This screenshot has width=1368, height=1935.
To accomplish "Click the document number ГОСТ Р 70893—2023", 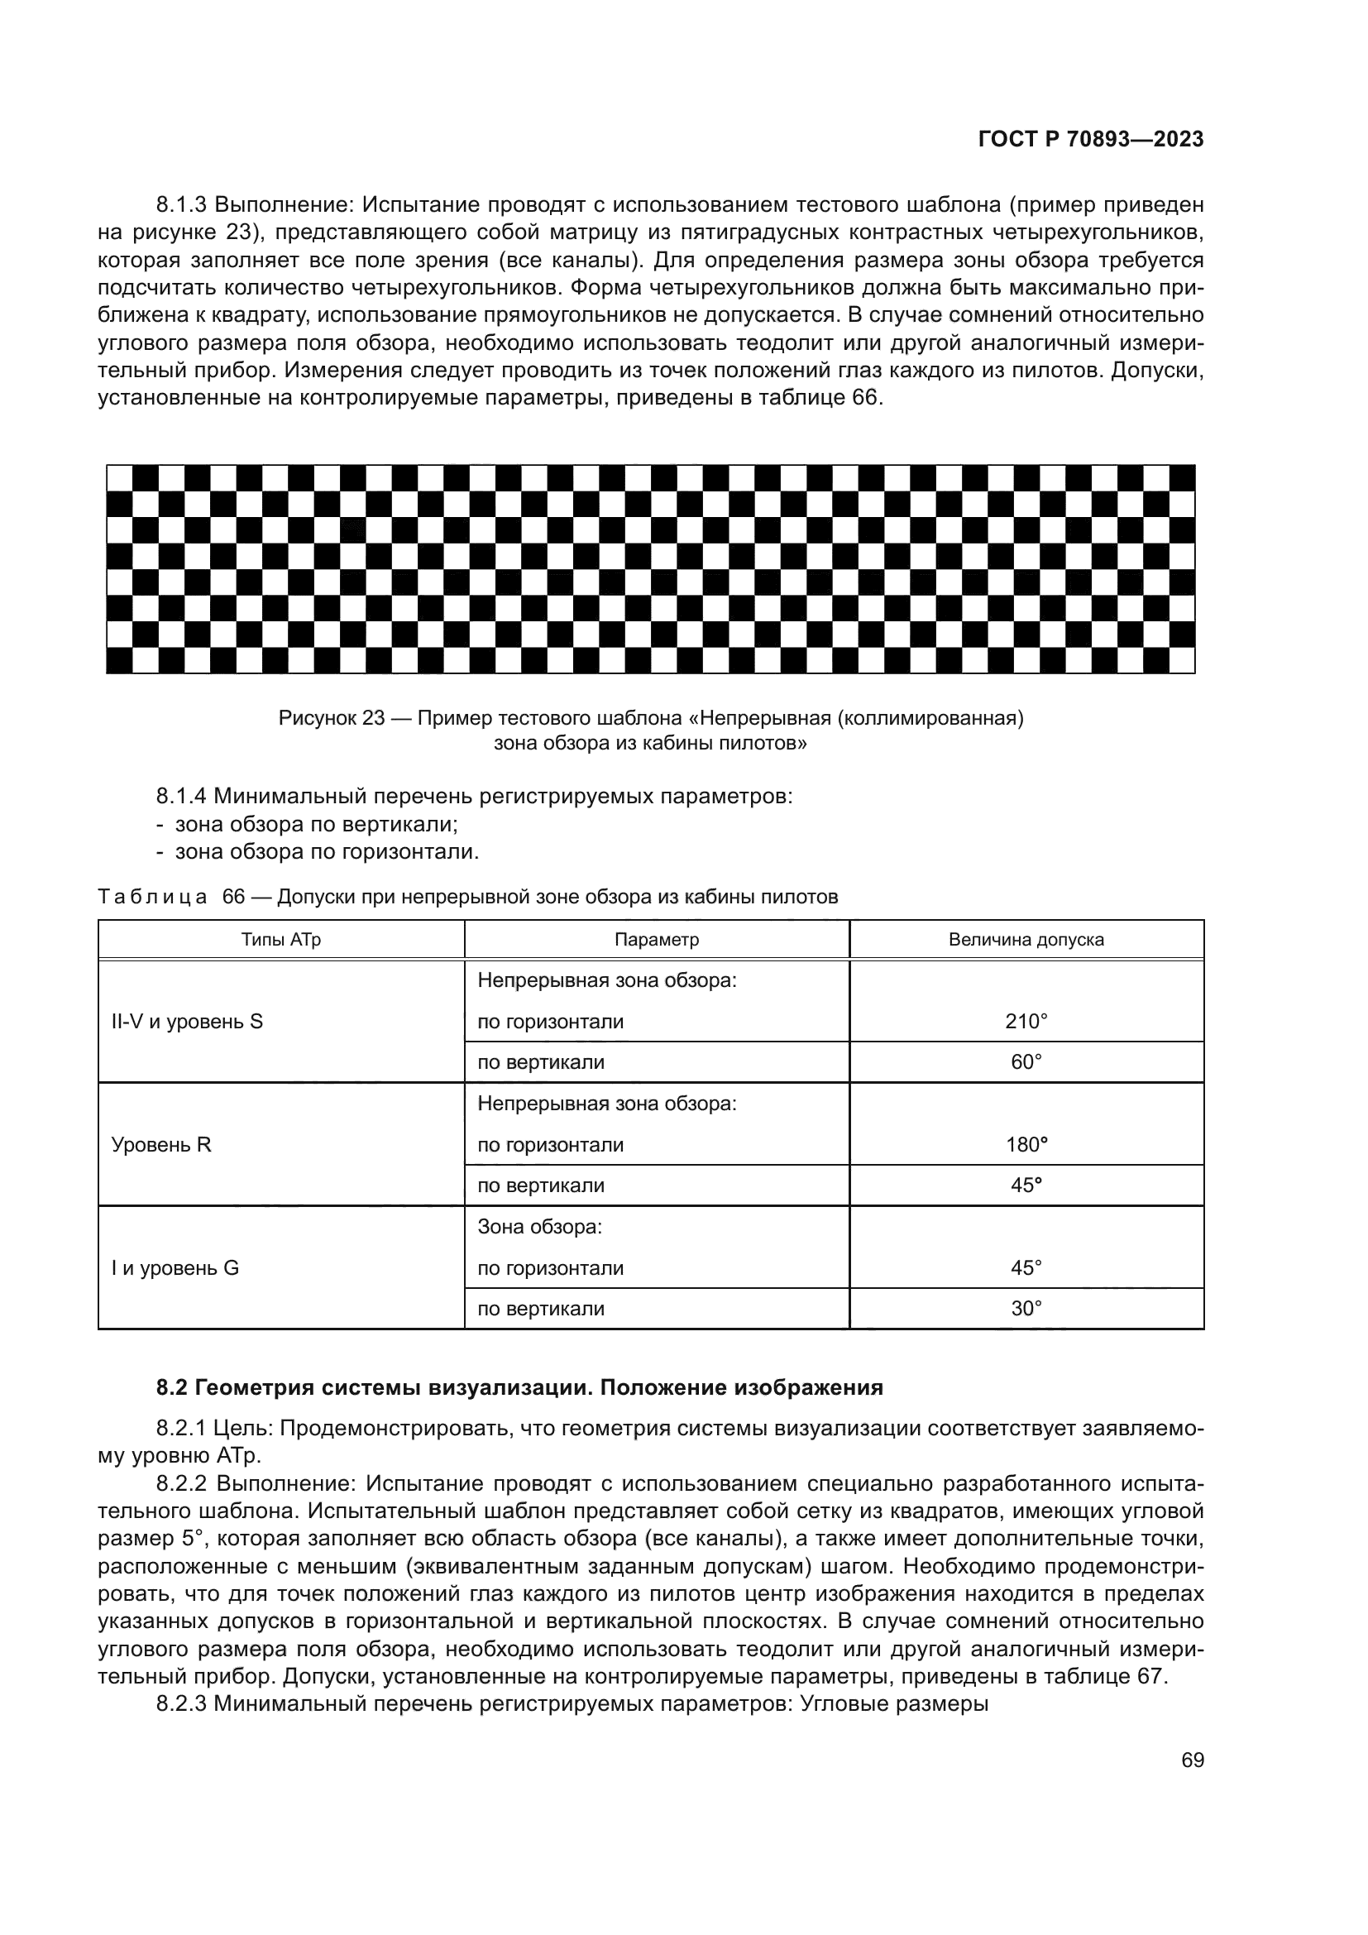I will tap(1090, 140).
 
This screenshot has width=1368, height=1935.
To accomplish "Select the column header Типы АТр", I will tap(280, 939).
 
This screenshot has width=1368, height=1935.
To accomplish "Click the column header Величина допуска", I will tap(1025, 939).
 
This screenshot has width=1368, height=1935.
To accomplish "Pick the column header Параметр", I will tap(656, 939).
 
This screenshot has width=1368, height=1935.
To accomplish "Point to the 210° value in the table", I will tap(1025, 1022).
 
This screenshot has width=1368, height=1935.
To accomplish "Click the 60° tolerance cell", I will tap(1025, 1062).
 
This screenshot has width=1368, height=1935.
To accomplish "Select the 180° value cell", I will tap(1025, 1144).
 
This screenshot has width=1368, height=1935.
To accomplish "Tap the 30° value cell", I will tap(1025, 1309).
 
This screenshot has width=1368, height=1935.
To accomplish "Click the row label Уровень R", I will tap(161, 1144).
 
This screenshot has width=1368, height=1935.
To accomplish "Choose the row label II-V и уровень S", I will tap(187, 1022).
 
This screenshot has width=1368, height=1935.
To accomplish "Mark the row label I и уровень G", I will tap(175, 1268).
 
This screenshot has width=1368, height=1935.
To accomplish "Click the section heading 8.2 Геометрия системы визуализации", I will tap(519, 1388).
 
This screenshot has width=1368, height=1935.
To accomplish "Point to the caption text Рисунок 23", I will tap(331, 718).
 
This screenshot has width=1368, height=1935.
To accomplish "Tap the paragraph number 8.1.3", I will tap(182, 205).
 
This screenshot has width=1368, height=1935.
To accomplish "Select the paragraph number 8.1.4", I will tap(182, 796).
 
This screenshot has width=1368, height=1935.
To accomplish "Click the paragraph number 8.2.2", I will tap(182, 1484).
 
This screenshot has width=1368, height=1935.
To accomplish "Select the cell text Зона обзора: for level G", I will tap(539, 1227).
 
